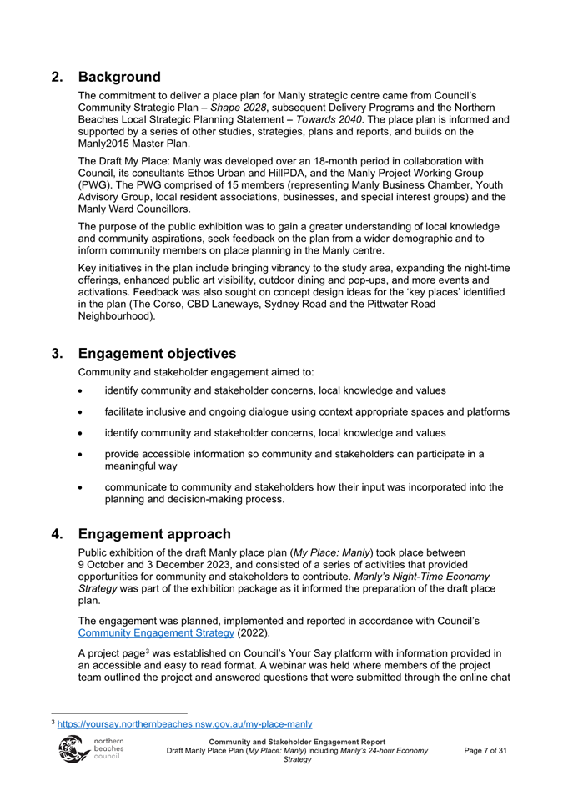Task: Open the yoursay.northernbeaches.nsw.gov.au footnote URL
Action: click(x=184, y=724)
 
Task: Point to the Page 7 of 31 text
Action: click(x=485, y=751)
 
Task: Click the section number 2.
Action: click(x=58, y=77)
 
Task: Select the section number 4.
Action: click(x=58, y=533)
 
